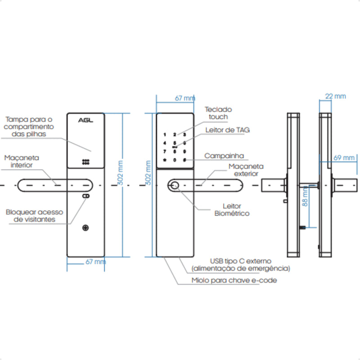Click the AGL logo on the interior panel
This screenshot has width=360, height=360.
tap(85, 120)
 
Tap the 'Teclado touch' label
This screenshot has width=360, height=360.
tap(218, 113)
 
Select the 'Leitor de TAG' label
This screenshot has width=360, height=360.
tap(227, 130)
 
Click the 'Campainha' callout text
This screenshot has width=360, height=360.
tap(224, 156)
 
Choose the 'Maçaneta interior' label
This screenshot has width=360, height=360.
tap(22, 162)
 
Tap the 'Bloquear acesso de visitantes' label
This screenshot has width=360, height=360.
tap(35, 216)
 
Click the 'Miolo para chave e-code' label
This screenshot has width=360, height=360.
tap(234, 280)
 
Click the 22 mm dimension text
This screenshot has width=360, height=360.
tap(335, 96)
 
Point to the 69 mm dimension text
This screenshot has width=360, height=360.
tap(345, 157)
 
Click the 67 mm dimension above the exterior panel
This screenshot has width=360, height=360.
tap(184, 98)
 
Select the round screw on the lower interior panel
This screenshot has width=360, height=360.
tap(85, 228)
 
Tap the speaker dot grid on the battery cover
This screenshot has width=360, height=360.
tap(85, 162)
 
